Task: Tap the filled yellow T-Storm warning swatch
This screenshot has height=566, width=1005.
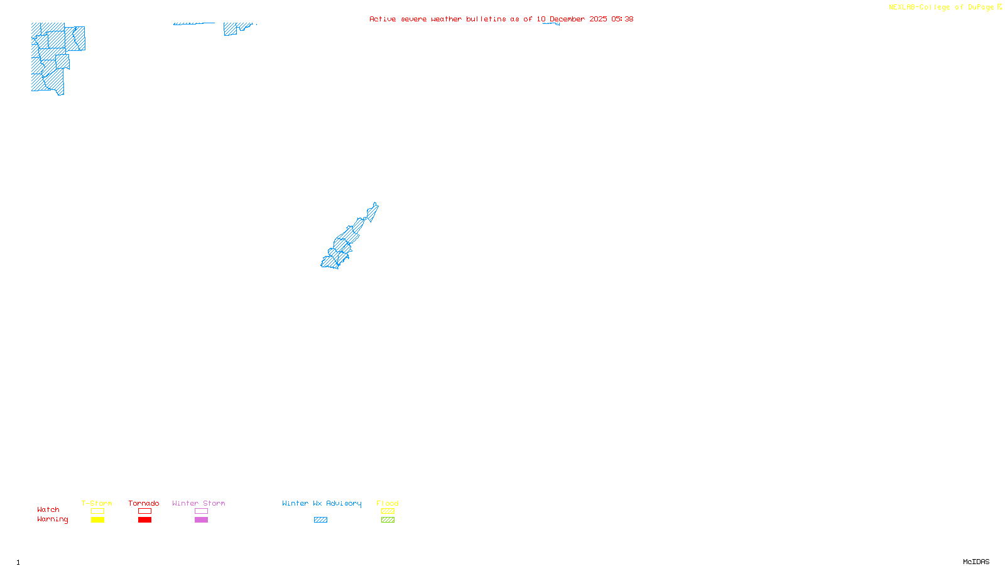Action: click(97, 520)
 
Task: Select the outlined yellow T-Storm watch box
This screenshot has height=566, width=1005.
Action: click(97, 511)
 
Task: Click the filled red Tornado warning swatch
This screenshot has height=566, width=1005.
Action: click(144, 520)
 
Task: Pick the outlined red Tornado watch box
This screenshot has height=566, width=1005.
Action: click(144, 511)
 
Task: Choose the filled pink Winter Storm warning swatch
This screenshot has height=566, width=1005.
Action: click(201, 520)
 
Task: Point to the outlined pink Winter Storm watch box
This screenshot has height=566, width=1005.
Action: click(201, 511)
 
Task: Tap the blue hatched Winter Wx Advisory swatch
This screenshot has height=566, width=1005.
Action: click(320, 520)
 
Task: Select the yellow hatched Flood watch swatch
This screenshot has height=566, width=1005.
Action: click(388, 511)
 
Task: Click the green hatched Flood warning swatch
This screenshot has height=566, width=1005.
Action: click(388, 520)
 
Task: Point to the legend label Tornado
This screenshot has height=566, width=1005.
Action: click(144, 503)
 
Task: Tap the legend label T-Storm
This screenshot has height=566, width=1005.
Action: click(97, 503)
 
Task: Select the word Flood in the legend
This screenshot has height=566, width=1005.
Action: click(388, 503)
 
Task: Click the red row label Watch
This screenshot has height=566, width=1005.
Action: click(48, 510)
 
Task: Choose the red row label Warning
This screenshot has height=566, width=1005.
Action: click(53, 519)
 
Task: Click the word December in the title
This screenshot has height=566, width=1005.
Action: click(567, 19)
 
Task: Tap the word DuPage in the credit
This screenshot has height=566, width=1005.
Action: click(981, 8)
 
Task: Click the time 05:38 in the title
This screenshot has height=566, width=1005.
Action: click(622, 19)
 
